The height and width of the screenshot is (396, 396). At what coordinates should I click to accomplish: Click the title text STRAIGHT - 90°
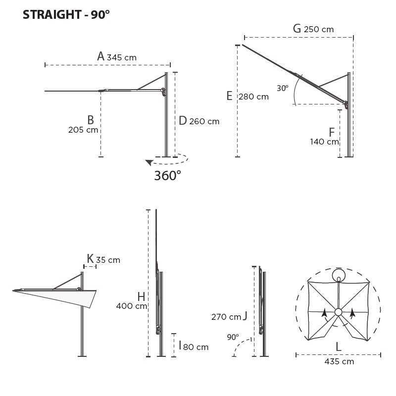pyautogui.click(x=66, y=15)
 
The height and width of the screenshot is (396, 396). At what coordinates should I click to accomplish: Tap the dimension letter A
pyautogui.click(x=101, y=56)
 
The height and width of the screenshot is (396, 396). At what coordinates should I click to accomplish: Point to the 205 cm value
pyautogui.click(x=83, y=130)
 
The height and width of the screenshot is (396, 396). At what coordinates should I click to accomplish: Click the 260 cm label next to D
pyautogui.click(x=204, y=121)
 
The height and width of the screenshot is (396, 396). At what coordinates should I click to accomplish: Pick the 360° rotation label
pyautogui.click(x=168, y=176)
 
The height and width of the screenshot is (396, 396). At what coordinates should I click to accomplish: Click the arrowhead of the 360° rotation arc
pyautogui.click(x=148, y=162)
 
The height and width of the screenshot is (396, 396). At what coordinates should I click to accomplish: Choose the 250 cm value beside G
pyautogui.click(x=318, y=29)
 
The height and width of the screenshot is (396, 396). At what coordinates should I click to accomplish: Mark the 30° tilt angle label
pyautogui.click(x=282, y=89)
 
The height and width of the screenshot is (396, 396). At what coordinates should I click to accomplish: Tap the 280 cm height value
pyautogui.click(x=253, y=97)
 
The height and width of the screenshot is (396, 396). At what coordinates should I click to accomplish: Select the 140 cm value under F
pyautogui.click(x=324, y=142)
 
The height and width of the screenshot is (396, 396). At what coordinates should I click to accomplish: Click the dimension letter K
pyautogui.click(x=90, y=258)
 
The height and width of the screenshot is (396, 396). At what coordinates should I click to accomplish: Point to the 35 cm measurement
pyautogui.click(x=108, y=260)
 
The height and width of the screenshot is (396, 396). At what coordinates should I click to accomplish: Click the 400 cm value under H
pyautogui.click(x=131, y=306)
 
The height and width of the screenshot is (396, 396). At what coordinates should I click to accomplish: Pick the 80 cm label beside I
pyautogui.click(x=196, y=347)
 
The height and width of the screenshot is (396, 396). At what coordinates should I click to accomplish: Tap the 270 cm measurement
pyautogui.click(x=226, y=317)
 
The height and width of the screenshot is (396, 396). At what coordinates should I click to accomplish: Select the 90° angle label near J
pyautogui.click(x=233, y=337)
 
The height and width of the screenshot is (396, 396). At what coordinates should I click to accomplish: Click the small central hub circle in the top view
pyautogui.click(x=338, y=312)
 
